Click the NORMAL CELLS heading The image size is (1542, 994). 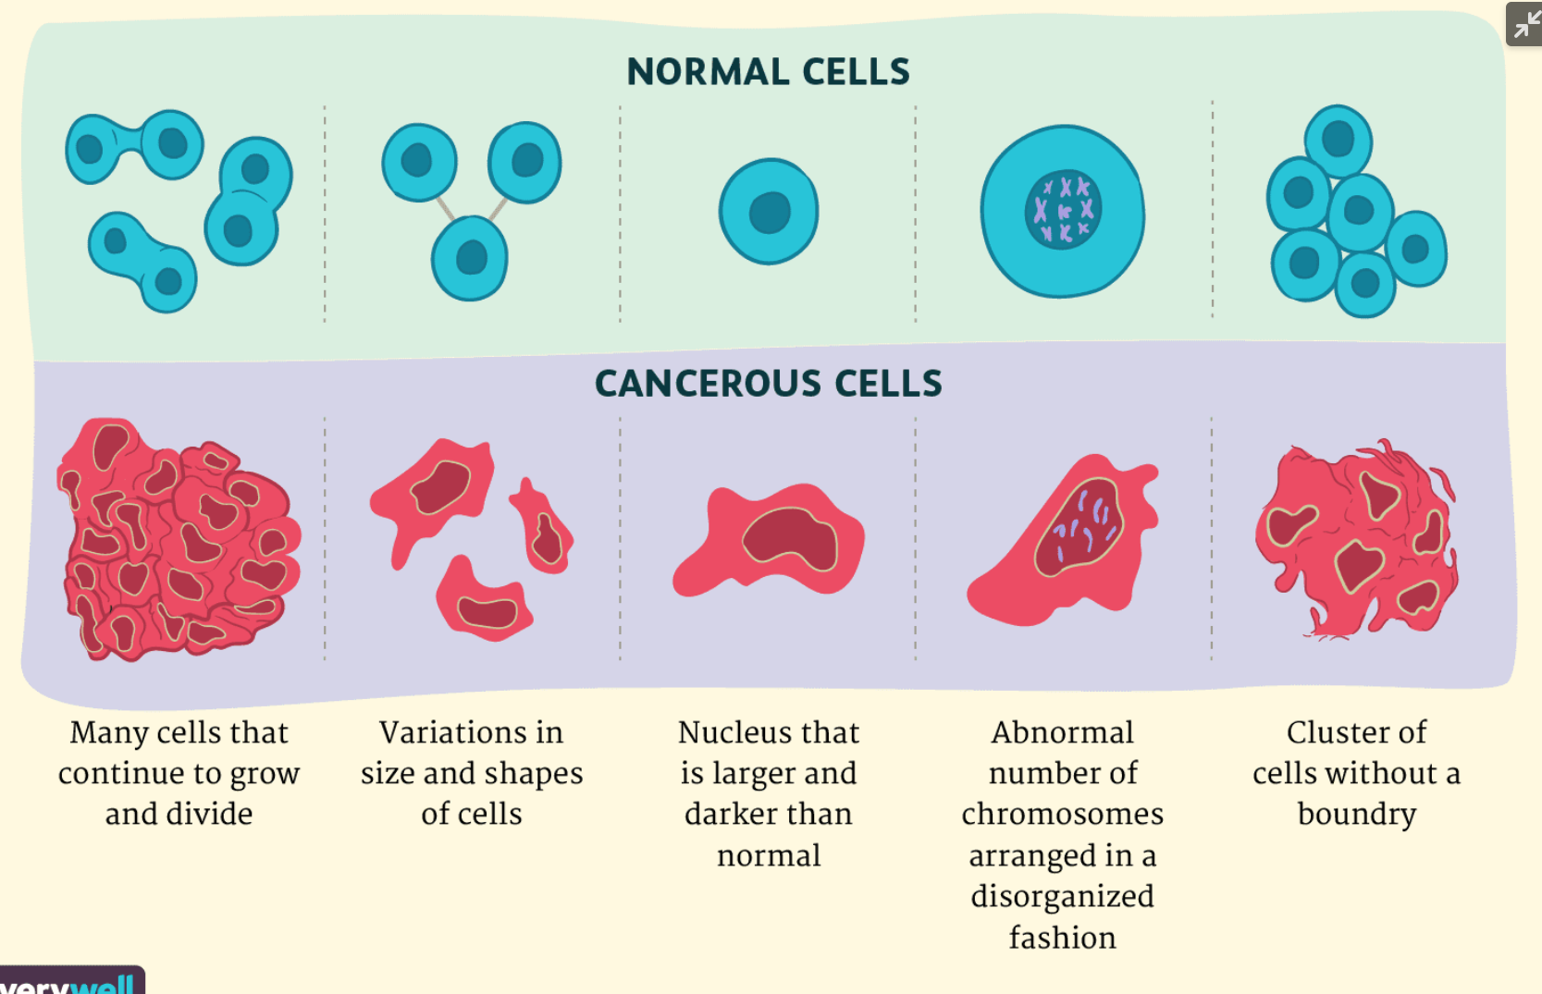click(768, 72)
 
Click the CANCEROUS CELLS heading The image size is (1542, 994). click(768, 384)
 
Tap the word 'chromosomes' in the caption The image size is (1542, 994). click(1062, 814)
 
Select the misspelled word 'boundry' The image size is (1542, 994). click(1356, 814)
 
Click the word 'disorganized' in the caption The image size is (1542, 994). click(1062, 896)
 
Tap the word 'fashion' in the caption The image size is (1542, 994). click(1062, 938)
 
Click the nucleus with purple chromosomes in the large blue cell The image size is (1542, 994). click(1063, 211)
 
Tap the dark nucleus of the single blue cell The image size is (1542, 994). click(770, 213)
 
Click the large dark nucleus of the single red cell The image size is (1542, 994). click(789, 539)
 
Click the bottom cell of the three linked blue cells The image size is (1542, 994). click(470, 258)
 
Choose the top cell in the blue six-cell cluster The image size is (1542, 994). click(1338, 140)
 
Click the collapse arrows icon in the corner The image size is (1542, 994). click(1524, 24)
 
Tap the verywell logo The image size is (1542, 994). click(72, 982)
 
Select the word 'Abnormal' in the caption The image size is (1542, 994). click(1062, 732)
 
